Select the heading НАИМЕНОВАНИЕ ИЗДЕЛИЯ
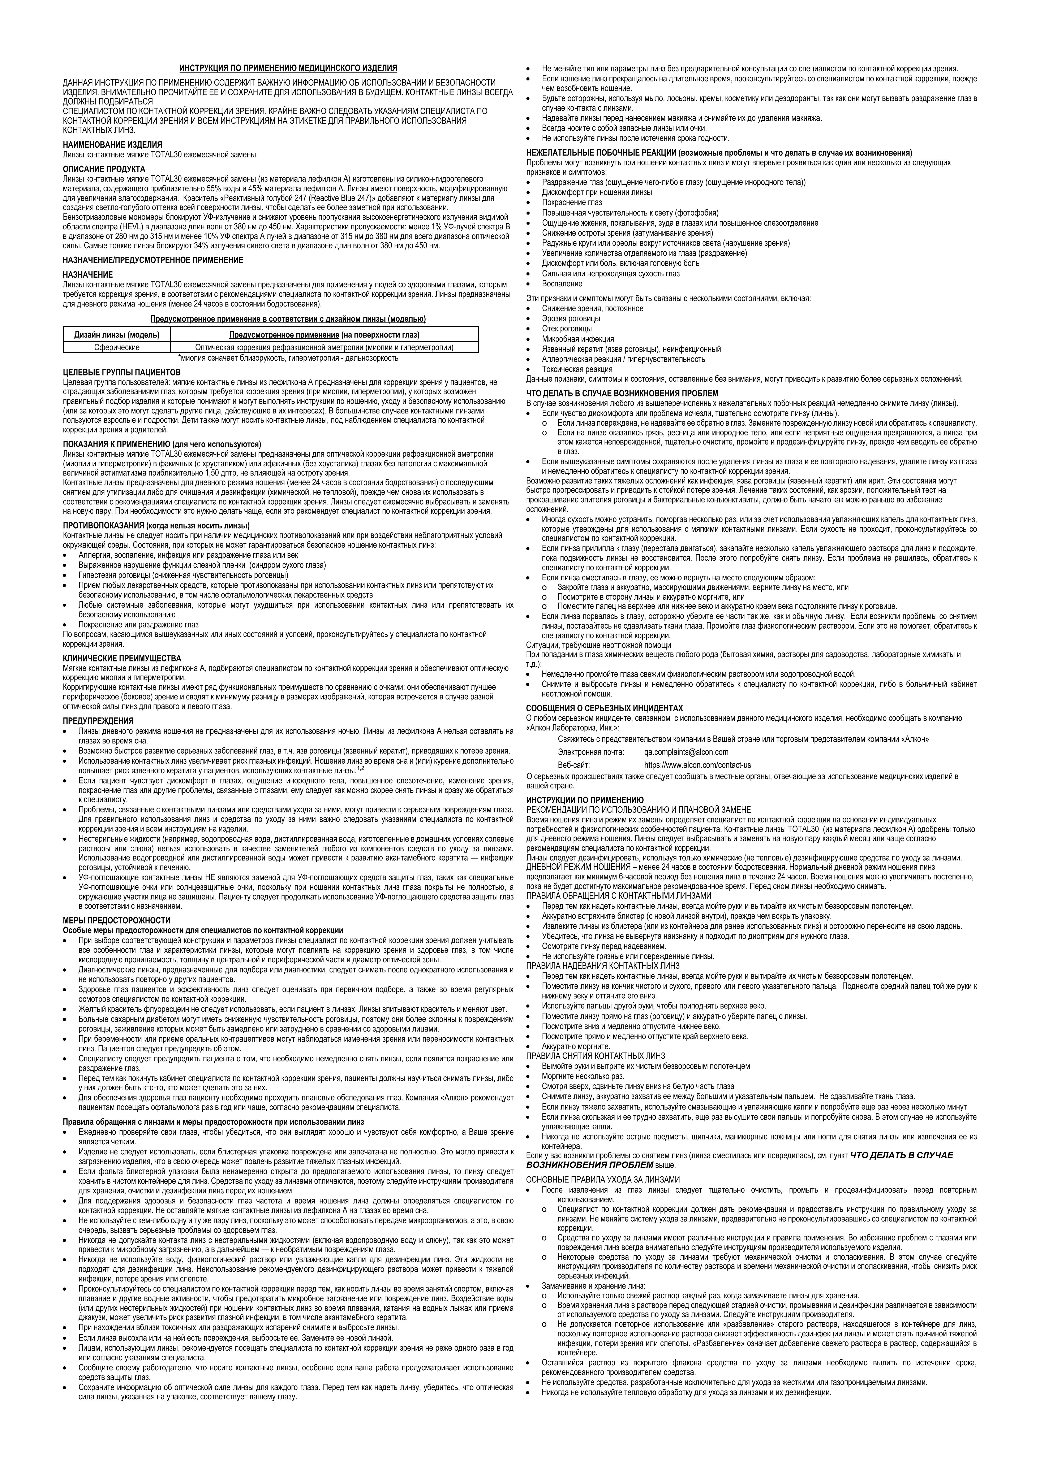tap(112, 145)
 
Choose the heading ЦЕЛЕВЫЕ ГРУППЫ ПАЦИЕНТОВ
tap(122, 372)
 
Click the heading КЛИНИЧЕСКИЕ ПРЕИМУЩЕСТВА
tap(122, 658)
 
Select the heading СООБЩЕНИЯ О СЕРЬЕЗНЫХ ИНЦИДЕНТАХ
tap(604, 708)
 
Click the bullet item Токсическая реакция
tap(577, 369)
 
